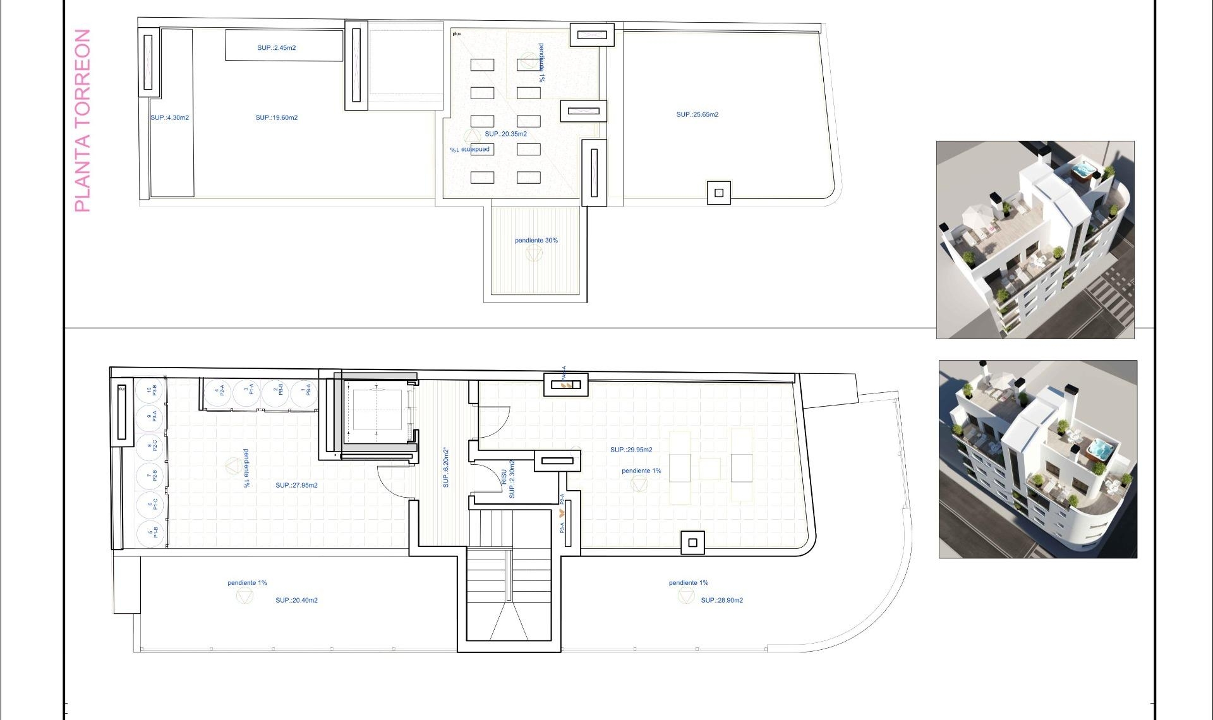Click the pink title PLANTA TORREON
[83, 120]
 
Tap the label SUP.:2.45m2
[276, 48]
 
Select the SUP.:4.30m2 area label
[169, 118]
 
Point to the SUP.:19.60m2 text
[276, 118]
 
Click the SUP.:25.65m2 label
[697, 115]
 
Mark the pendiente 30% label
[536, 241]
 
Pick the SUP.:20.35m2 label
[505, 134]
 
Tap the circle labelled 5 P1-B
[150, 532]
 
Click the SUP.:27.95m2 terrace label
[296, 486]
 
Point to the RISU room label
[504, 476]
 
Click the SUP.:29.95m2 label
[631, 450]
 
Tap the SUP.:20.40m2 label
[296, 601]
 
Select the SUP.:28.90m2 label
[721, 601]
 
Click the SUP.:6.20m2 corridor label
[445, 467]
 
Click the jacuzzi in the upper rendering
[1083, 171]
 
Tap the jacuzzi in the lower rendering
[1100, 450]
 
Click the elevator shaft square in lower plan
[377, 410]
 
